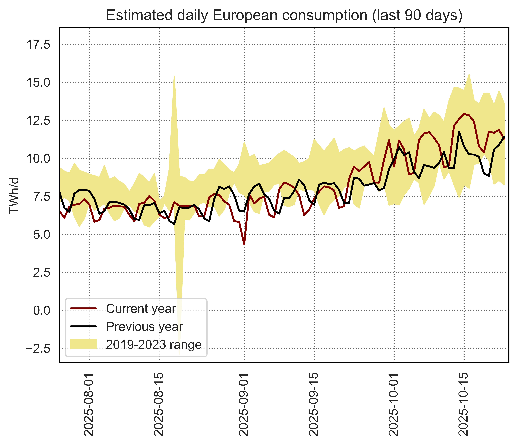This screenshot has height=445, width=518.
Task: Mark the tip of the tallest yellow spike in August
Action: (174, 77)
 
